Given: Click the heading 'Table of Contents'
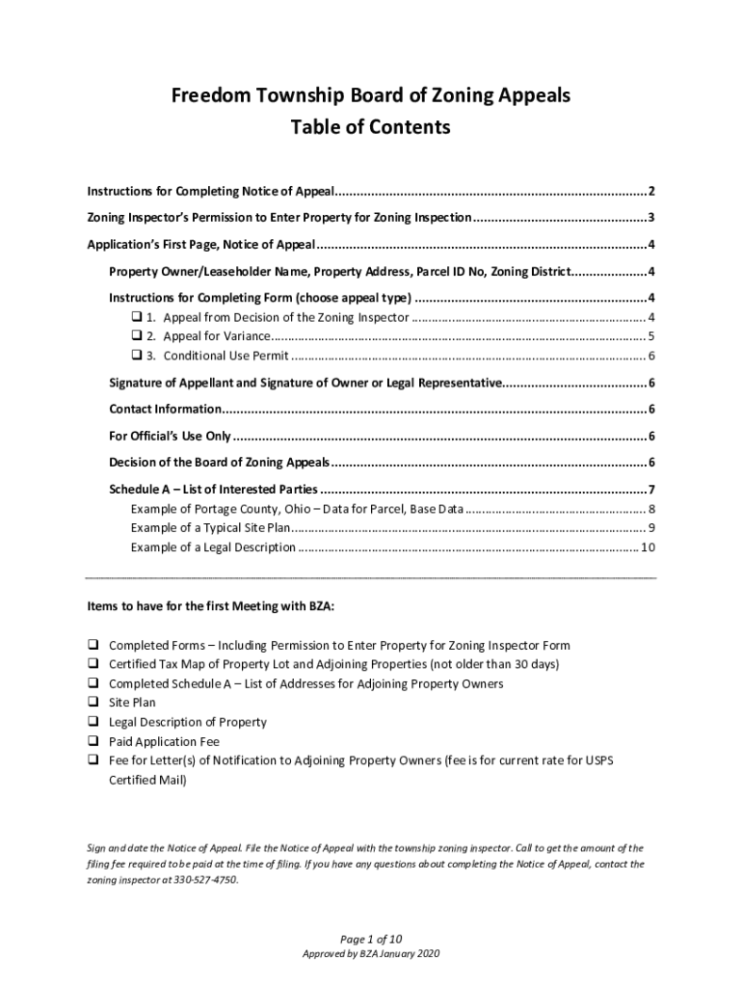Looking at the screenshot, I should (x=371, y=126).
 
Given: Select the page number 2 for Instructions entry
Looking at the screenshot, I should (x=652, y=190).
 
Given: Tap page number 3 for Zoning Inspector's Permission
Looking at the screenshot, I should (x=652, y=217).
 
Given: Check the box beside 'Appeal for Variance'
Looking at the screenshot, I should (x=136, y=336).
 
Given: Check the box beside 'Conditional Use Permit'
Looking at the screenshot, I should (x=136, y=356).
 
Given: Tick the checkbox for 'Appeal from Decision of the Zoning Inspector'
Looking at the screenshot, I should (x=136, y=317).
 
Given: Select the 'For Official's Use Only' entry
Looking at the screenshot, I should (x=170, y=436).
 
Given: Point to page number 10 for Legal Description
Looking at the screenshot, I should (x=649, y=547).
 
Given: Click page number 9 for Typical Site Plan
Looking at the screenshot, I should (x=652, y=528).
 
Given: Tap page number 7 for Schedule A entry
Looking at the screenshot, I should (x=652, y=489).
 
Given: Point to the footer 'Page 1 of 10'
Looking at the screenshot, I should (x=371, y=939).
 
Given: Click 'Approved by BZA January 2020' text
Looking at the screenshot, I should (x=371, y=954).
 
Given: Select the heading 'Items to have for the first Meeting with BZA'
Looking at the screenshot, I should (x=211, y=607).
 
